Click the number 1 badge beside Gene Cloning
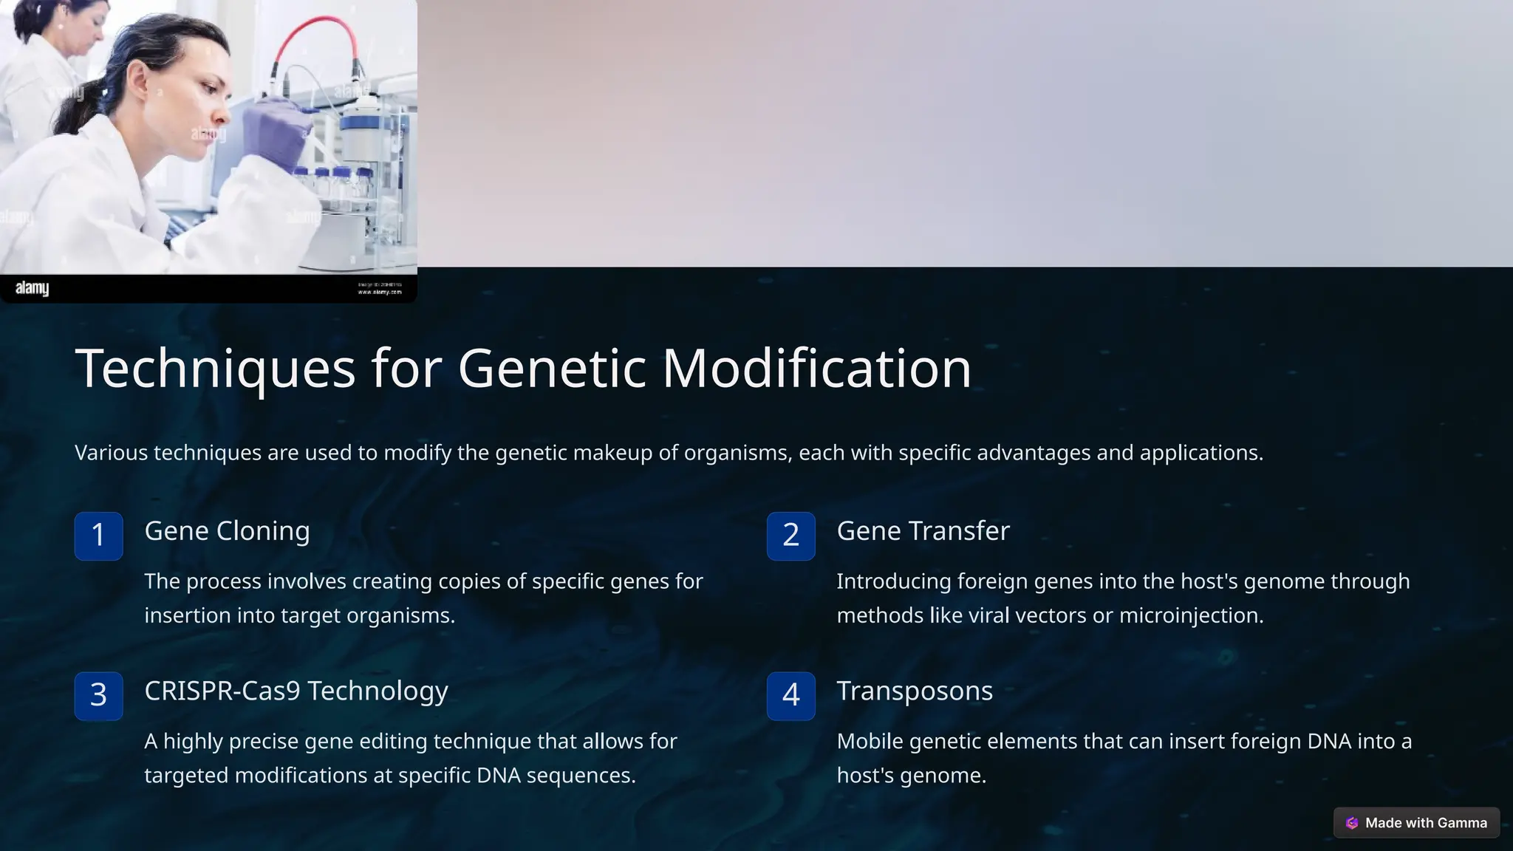click(x=98, y=536)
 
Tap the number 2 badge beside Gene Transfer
click(x=790, y=536)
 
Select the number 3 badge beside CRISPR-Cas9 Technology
click(x=98, y=695)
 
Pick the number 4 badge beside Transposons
click(x=790, y=695)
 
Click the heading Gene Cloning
click(x=227, y=531)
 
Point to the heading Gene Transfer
click(x=923, y=531)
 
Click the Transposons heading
click(x=914, y=691)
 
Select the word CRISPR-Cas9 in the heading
click(x=222, y=691)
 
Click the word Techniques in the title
click(x=215, y=369)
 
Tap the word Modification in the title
click(x=816, y=369)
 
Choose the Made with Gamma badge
click(x=1416, y=823)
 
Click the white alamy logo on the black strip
click(x=32, y=288)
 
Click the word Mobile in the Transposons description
click(x=870, y=741)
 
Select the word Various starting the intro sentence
click(x=111, y=453)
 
